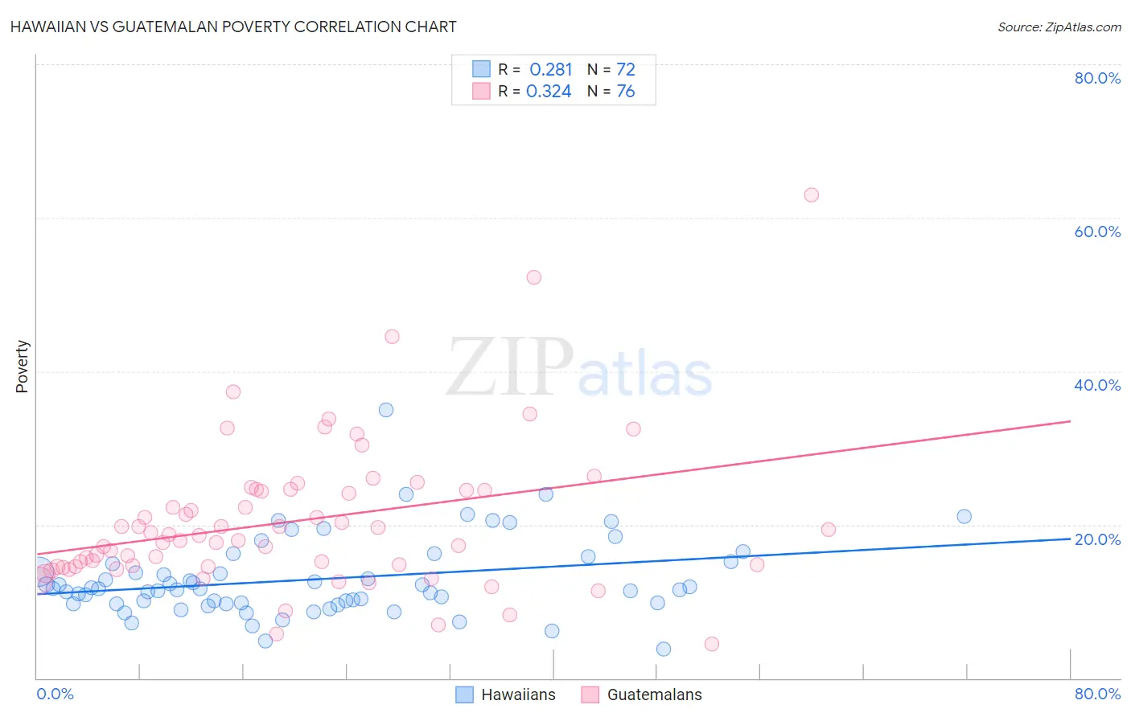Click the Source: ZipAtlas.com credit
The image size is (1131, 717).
[x=1059, y=27]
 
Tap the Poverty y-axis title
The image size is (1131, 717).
[x=23, y=367]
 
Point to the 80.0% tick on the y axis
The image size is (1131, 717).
[x=1097, y=78]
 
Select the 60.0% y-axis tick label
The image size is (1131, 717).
[x=1097, y=231]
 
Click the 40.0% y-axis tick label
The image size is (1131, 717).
[x=1097, y=385]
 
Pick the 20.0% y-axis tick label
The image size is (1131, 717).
[x=1097, y=539]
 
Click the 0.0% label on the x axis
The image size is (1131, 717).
[x=55, y=694]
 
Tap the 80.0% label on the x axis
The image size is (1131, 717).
[x=1097, y=694]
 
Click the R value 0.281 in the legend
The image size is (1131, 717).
[x=550, y=70]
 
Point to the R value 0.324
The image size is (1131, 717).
[x=549, y=92]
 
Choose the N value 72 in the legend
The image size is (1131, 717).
[x=626, y=70]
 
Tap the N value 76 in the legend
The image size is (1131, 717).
[x=626, y=92]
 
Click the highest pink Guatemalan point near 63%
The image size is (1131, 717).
[x=811, y=195]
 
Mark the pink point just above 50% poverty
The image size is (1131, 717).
[x=533, y=277]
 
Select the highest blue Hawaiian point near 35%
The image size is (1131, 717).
[x=386, y=410]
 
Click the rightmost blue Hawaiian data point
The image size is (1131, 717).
[x=964, y=517]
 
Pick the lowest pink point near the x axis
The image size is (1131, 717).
[x=711, y=644]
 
